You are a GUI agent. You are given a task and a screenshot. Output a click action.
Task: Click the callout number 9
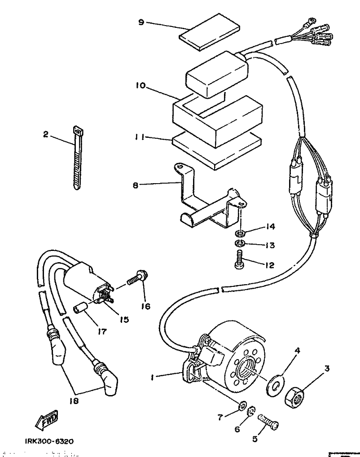[141, 22]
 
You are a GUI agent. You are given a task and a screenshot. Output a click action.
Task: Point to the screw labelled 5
[268, 422]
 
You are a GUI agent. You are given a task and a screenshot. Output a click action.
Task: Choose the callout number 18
[74, 401]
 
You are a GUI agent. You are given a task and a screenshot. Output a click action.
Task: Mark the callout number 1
[153, 378]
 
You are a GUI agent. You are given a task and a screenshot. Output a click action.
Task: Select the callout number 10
[140, 85]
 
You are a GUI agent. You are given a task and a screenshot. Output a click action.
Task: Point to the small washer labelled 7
[241, 406]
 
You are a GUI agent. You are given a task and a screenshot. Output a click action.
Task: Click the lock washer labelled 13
[239, 244]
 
